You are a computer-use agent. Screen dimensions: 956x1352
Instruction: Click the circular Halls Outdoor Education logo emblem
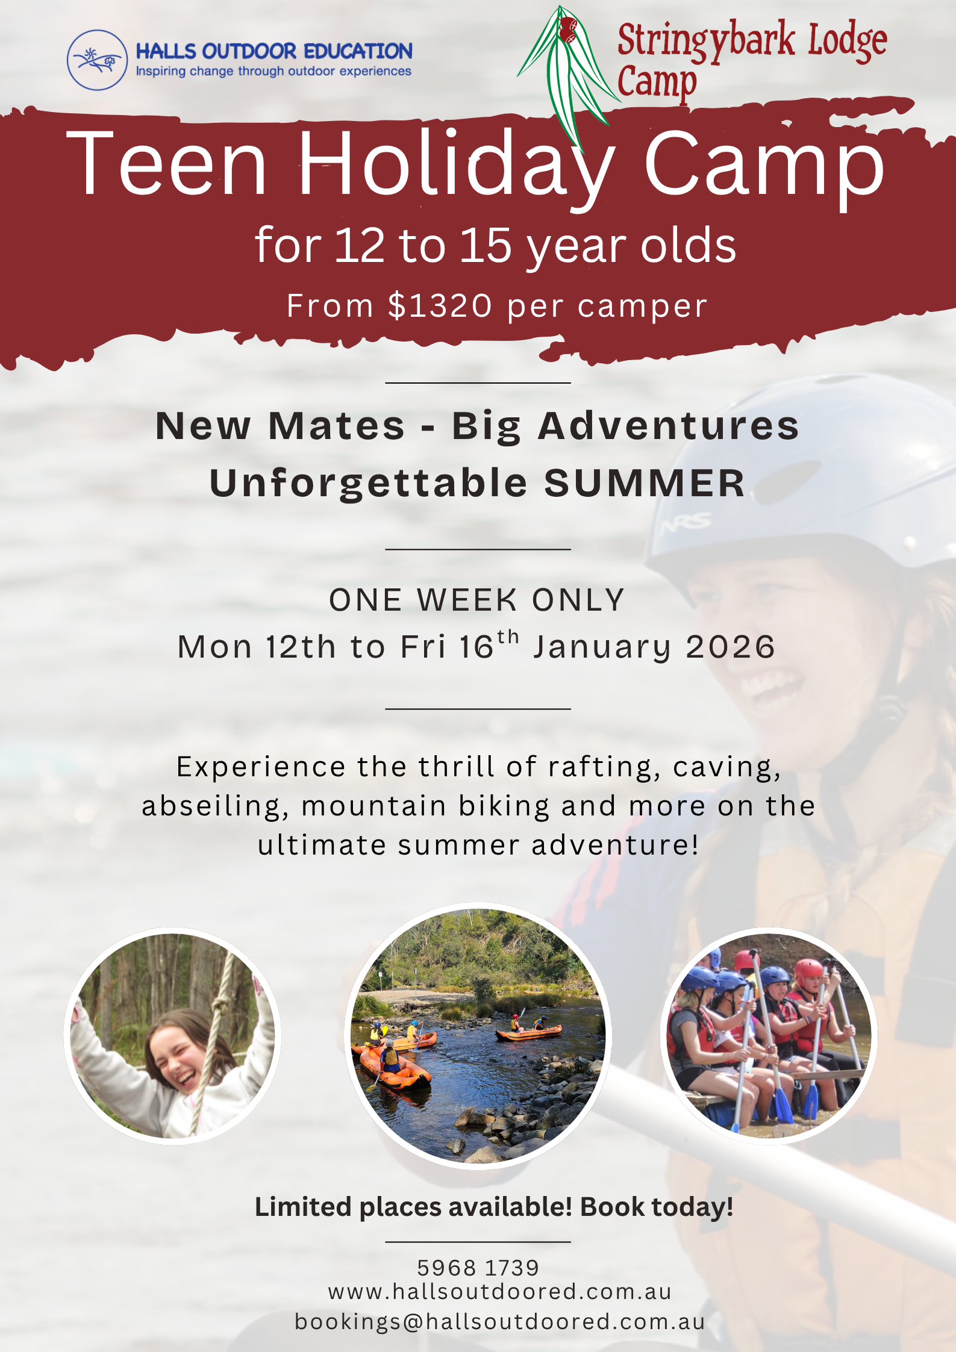(x=97, y=60)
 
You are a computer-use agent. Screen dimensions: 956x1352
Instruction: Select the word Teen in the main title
(x=166, y=164)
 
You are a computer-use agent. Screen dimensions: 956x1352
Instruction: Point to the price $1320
(x=440, y=305)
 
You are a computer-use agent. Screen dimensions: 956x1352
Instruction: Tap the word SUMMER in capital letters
(x=645, y=483)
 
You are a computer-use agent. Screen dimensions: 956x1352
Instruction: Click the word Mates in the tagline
(x=336, y=426)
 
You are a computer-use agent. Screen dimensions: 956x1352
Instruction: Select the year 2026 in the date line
(x=730, y=647)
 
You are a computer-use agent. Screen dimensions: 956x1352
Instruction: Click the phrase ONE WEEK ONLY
(x=477, y=600)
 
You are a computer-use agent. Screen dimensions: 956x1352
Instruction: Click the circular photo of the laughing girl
(x=172, y=1036)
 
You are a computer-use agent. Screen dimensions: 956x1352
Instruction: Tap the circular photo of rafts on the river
(x=478, y=1036)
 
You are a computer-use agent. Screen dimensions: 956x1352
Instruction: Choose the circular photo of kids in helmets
(x=769, y=1036)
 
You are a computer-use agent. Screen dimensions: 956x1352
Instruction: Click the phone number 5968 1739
(x=478, y=1268)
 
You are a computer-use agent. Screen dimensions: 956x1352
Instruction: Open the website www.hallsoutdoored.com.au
(x=500, y=1292)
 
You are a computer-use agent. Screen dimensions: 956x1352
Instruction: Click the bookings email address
(x=500, y=1321)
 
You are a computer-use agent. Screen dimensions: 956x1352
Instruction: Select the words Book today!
(x=657, y=1207)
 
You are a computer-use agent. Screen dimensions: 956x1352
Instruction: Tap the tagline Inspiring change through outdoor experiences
(x=273, y=72)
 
